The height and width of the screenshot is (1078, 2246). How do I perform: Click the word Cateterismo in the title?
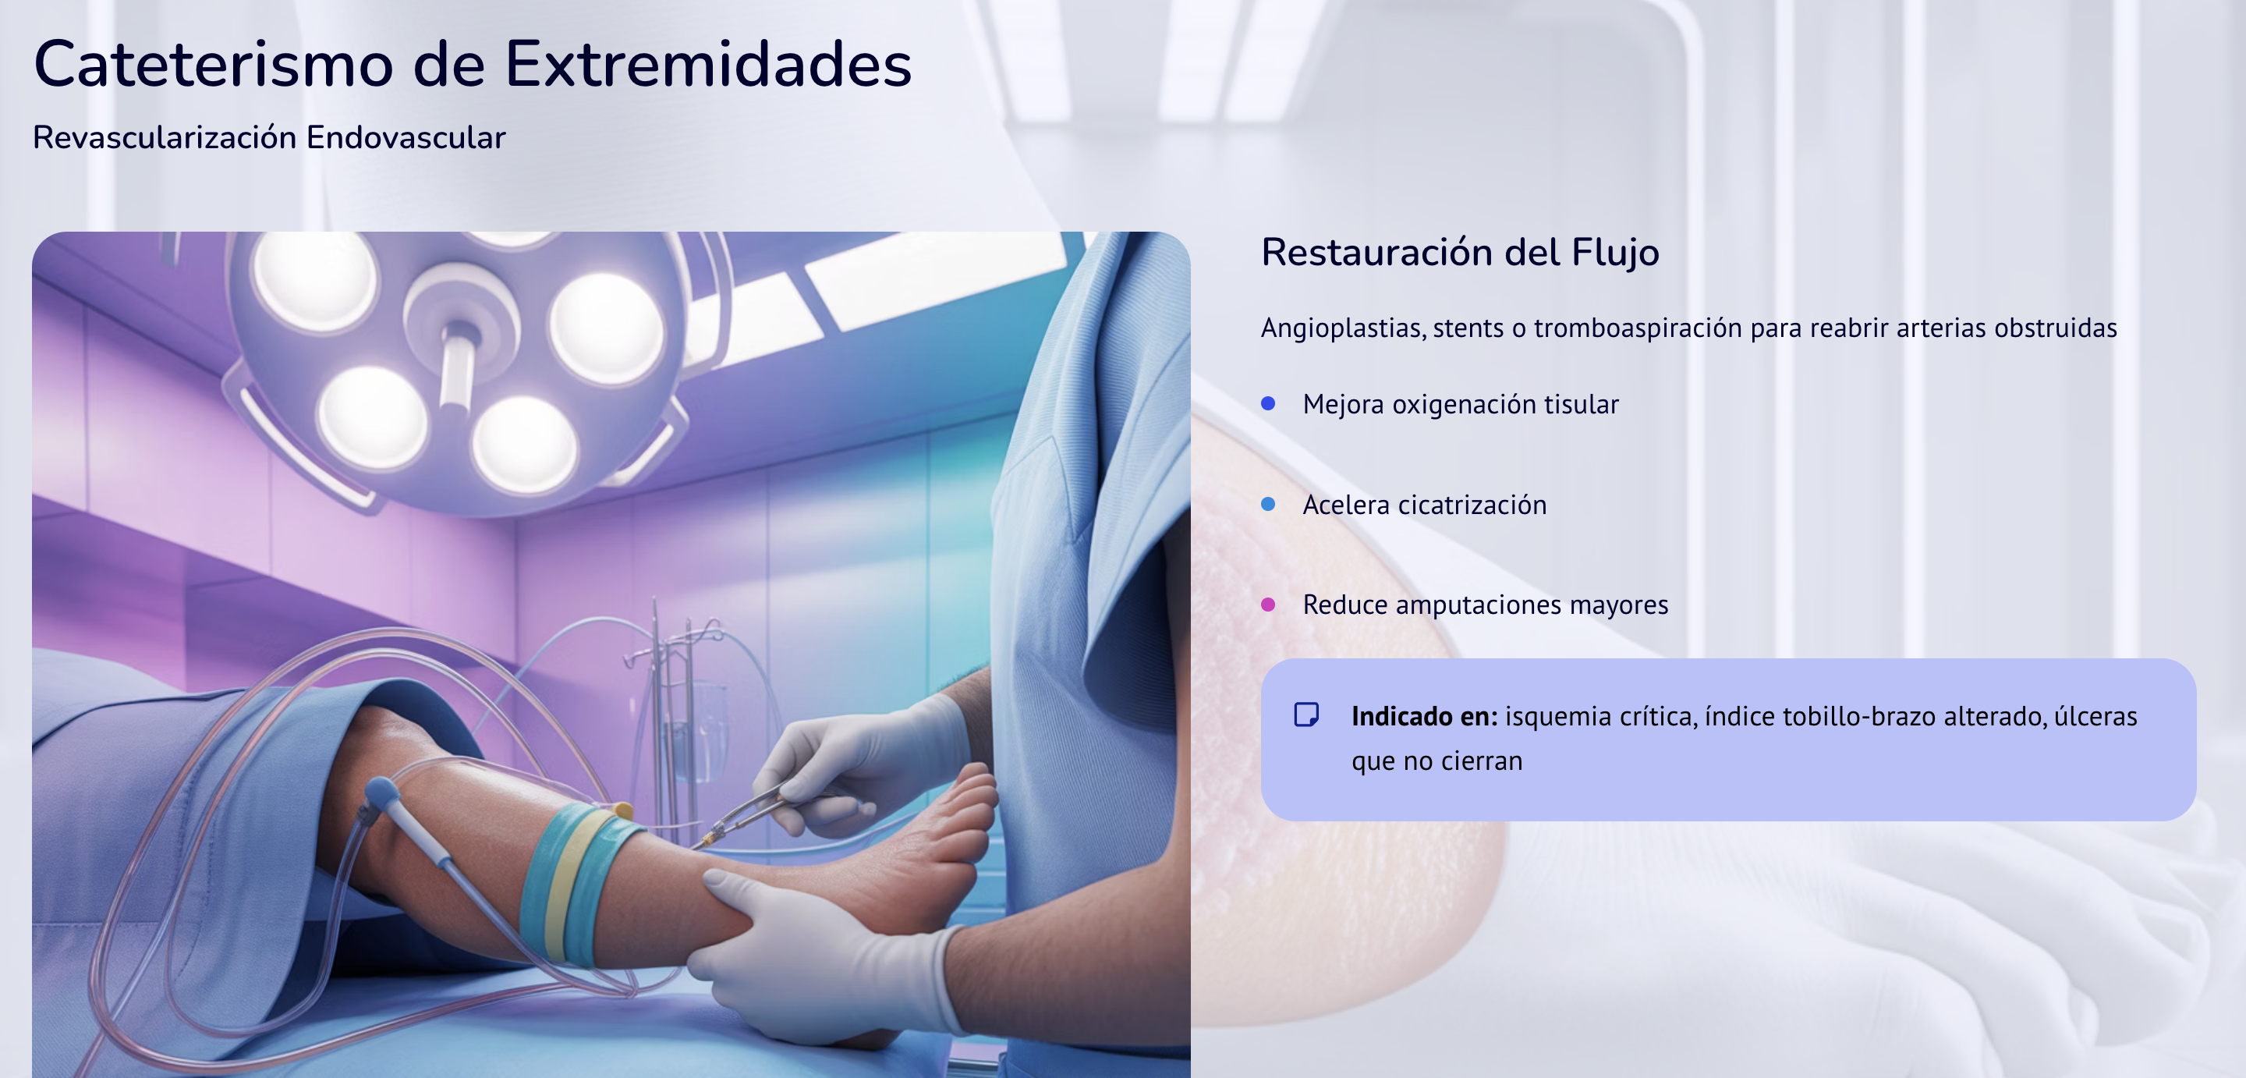[214, 64]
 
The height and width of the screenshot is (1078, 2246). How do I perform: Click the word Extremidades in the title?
[708, 64]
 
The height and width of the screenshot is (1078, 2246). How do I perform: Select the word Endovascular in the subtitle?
[406, 137]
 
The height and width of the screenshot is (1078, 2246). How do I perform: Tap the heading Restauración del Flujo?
[1460, 252]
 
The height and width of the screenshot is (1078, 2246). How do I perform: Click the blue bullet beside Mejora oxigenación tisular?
[1269, 403]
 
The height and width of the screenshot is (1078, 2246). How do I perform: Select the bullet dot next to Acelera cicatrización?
[1269, 504]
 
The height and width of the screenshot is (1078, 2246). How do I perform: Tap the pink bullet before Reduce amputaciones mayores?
[1269, 605]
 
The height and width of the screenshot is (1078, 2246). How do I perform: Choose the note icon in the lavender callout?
[1306, 715]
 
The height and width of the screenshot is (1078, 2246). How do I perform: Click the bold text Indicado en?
[1425, 716]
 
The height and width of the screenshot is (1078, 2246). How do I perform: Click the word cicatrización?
[1472, 504]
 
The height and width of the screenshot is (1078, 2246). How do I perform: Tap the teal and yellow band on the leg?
[579, 881]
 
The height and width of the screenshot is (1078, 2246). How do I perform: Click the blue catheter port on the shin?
[382, 793]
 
